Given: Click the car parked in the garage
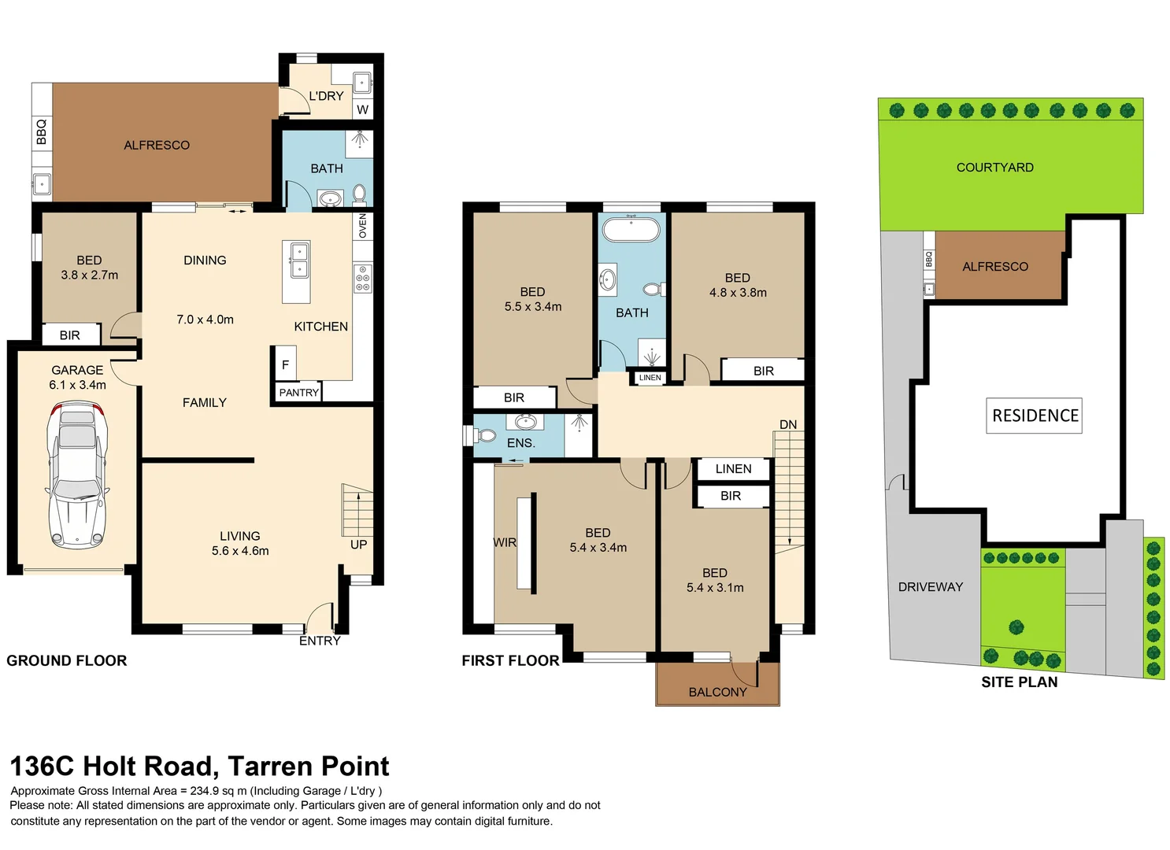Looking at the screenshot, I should [77, 475].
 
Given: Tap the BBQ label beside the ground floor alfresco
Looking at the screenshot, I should [42, 131].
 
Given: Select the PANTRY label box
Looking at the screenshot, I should [299, 392].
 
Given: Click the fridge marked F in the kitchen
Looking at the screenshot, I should [285, 364].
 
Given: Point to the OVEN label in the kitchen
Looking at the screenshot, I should [363, 226].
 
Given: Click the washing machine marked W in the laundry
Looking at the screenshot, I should [362, 109].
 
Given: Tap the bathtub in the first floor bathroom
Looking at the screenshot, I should [631, 230].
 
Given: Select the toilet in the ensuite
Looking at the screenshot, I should [485, 435].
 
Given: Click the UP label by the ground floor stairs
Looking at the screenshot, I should [358, 545].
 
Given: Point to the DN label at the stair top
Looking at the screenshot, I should [788, 424].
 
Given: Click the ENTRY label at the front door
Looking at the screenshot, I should [320, 641].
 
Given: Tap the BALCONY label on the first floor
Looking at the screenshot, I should [717, 692].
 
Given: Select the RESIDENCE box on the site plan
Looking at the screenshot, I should [1035, 416].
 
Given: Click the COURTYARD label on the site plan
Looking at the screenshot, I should [994, 167].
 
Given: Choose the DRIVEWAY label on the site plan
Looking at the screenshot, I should [930, 586].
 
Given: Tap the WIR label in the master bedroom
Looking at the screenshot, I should [505, 542].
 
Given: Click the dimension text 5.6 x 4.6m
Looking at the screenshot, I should [240, 551].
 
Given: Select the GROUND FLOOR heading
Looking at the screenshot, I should [67, 660].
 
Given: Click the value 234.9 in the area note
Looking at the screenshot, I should [207, 791].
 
